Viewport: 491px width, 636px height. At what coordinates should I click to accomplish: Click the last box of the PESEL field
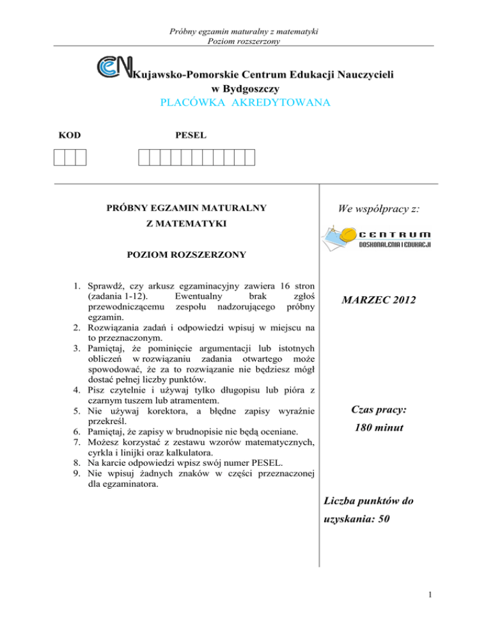click(x=249, y=156)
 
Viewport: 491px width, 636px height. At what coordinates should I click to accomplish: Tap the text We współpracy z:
click(x=378, y=209)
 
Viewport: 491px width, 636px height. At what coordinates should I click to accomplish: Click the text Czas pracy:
click(x=378, y=408)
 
